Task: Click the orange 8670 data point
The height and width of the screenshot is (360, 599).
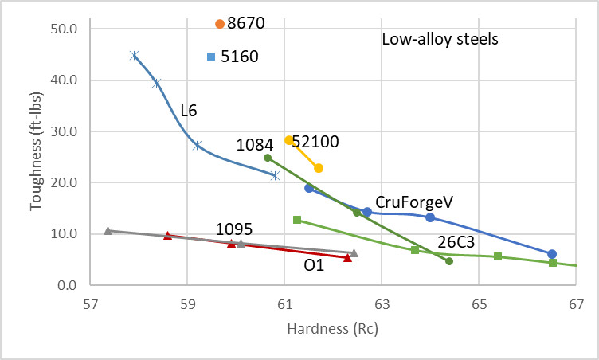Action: pos(220,24)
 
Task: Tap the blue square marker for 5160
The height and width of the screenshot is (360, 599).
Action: pos(211,56)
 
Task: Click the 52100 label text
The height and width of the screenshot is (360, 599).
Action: pos(315,142)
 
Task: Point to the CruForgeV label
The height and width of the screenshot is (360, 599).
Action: pos(409,202)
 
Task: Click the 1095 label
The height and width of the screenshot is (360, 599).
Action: pos(235,229)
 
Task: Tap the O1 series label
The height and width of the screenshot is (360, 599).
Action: pos(315,265)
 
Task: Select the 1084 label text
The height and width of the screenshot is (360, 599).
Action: pos(256,144)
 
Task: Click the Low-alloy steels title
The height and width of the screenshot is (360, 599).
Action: pos(440,39)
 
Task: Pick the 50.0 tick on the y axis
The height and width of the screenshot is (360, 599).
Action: pos(63,29)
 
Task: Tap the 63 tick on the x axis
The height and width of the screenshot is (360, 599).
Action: pos(382,303)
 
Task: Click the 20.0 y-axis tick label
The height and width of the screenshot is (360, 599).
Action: pos(63,183)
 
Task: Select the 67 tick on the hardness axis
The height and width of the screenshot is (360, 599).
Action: pos(575,303)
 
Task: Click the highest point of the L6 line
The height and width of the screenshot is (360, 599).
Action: pos(135,55)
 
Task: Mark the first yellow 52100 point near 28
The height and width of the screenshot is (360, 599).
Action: pos(289,140)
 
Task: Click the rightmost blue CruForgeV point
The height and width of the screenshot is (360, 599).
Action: pos(552,254)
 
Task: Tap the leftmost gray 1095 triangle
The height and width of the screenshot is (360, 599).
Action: pos(108,231)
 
